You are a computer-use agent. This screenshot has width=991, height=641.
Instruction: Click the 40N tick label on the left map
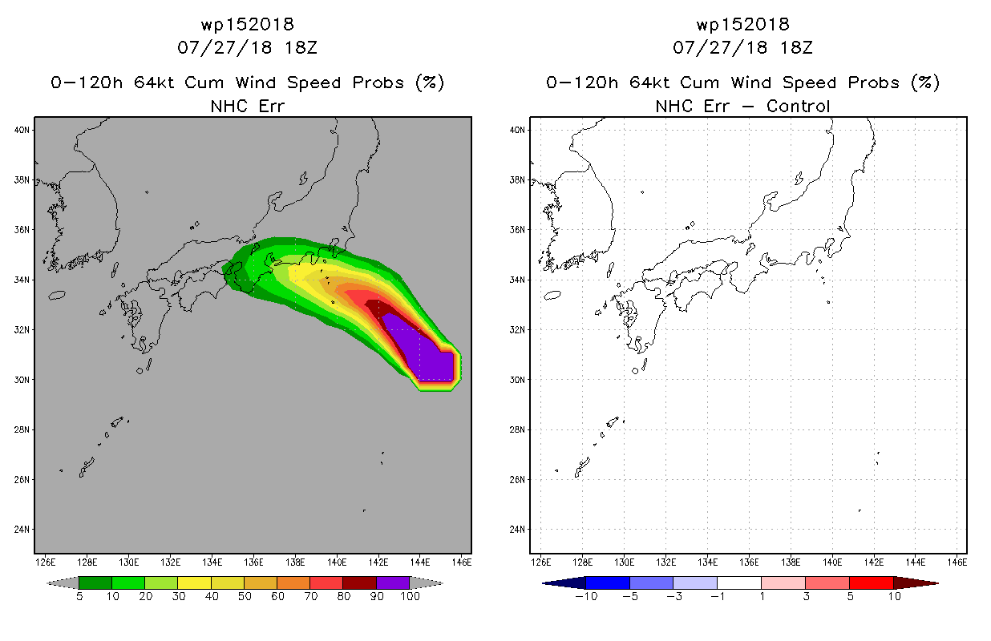22,130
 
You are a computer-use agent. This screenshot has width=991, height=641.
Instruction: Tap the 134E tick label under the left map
212,562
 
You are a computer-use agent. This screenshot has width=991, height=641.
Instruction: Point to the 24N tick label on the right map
517,529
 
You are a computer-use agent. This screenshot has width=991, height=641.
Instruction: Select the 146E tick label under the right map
957,562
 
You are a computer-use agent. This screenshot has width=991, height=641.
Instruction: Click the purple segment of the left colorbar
393,583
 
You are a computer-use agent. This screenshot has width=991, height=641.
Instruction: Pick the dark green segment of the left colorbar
95,583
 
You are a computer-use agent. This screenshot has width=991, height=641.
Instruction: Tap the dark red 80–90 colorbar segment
360,583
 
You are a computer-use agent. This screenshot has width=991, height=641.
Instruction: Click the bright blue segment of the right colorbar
608,583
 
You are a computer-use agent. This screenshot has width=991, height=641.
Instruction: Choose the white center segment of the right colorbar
739,583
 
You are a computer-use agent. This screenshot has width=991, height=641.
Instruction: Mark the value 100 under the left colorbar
411,596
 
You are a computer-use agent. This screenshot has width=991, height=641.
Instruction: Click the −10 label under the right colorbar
586,596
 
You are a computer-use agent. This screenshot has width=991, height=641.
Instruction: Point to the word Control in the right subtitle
798,106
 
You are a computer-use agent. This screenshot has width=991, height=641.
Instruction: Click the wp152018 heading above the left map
248,25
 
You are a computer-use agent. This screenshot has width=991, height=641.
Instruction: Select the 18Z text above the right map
796,48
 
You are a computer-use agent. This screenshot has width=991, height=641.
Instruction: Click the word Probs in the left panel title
378,83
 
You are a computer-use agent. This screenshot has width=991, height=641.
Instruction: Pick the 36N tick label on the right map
517,230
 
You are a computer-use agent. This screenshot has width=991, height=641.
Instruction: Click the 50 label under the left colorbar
245,596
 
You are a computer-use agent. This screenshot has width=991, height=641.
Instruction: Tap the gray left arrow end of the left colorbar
63,583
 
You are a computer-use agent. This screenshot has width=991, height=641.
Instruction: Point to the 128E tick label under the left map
87,562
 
